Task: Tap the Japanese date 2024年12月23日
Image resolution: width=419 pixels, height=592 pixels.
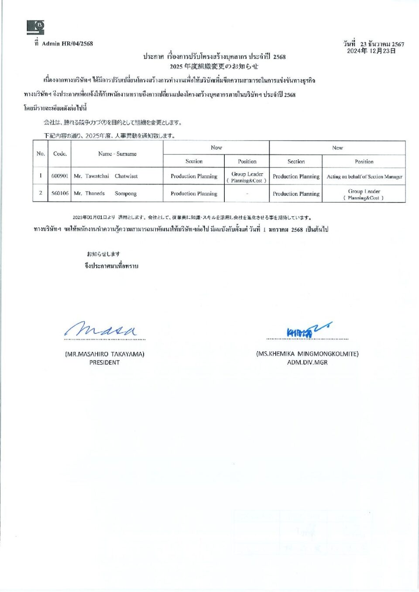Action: click(371, 51)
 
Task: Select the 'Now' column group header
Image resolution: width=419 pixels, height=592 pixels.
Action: click(216, 147)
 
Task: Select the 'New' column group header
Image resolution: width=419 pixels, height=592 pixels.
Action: click(337, 148)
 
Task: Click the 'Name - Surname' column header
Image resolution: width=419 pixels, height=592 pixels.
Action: click(117, 154)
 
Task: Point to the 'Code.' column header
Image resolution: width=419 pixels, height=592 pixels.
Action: click(60, 154)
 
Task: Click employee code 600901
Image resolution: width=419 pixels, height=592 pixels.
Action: click(60, 176)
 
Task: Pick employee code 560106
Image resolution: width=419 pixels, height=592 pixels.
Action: click(60, 193)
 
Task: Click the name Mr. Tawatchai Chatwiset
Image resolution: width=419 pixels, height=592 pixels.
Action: click(106, 176)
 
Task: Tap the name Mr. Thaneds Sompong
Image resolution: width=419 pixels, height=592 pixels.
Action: click(105, 193)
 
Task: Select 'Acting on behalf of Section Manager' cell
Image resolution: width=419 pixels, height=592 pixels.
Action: click(364, 177)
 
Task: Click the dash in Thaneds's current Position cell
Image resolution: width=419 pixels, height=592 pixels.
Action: click(247, 194)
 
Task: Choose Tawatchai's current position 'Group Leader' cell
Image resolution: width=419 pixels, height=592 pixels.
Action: click(247, 177)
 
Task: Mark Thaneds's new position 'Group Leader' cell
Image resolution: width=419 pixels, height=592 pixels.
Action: click(364, 194)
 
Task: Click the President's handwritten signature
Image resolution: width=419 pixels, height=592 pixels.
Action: click(101, 329)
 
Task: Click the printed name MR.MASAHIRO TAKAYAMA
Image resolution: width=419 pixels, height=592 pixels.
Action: click(105, 354)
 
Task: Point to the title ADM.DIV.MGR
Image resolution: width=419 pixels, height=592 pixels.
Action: click(307, 363)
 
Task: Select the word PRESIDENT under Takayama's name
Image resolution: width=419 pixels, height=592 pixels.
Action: click(104, 363)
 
